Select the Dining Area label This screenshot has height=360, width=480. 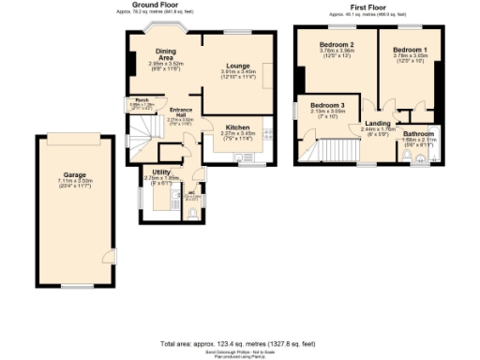167,53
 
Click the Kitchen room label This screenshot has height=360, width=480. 237,127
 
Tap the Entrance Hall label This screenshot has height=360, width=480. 180,112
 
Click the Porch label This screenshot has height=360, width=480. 142,99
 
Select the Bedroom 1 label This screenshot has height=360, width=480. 410,49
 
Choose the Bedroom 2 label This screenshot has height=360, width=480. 336,45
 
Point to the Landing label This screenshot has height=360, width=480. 378,123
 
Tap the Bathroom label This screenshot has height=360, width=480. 418,133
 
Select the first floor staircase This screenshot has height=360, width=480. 334,150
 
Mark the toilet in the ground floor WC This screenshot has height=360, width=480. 193,212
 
